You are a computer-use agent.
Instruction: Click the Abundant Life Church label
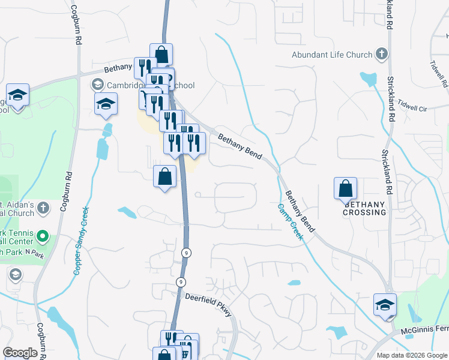[332, 55]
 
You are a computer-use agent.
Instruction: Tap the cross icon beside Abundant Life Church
[381, 55]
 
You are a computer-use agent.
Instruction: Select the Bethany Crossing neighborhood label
[365, 208]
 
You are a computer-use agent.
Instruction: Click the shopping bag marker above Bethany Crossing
[346, 188]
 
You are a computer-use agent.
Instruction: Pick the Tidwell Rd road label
[439, 71]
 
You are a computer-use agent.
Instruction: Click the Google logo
[20, 353]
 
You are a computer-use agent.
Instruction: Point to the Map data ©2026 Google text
[411, 355]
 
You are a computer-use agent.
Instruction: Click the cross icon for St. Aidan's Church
[43, 208]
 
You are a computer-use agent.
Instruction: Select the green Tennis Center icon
[43, 236]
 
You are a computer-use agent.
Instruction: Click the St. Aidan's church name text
[16, 208]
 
